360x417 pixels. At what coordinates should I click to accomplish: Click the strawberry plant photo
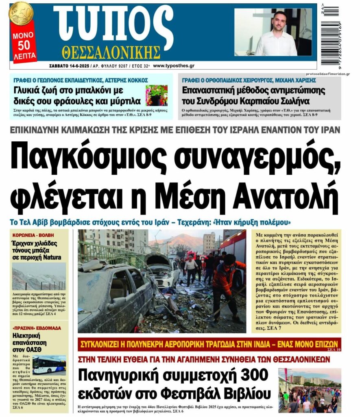pyautogui.click(x=156, y=95)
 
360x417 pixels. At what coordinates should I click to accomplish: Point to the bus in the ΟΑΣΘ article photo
pyautogui.click(x=49, y=365)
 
